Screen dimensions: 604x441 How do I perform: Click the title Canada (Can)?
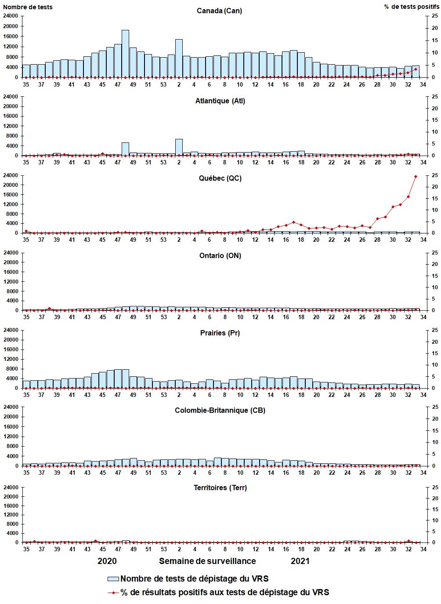219,11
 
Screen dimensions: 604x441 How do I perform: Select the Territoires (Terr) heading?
220,488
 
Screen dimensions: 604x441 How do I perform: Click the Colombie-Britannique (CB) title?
220,410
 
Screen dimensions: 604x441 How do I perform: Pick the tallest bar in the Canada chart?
125,54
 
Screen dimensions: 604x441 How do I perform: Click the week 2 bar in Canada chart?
179,58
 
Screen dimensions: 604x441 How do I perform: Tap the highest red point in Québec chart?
416,177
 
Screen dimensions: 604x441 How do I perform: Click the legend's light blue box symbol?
113,579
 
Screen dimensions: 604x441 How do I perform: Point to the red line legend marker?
113,593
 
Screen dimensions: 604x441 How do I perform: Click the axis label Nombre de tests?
28,7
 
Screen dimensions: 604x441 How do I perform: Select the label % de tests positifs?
411,7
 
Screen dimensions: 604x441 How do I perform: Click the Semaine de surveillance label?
207,561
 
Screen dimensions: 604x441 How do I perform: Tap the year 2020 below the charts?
107,561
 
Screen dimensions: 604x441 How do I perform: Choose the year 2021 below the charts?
300,561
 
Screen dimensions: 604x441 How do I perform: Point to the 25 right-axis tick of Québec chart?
435,175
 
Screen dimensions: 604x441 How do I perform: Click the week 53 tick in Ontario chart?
164,317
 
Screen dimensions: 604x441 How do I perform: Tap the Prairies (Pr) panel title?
220,333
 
